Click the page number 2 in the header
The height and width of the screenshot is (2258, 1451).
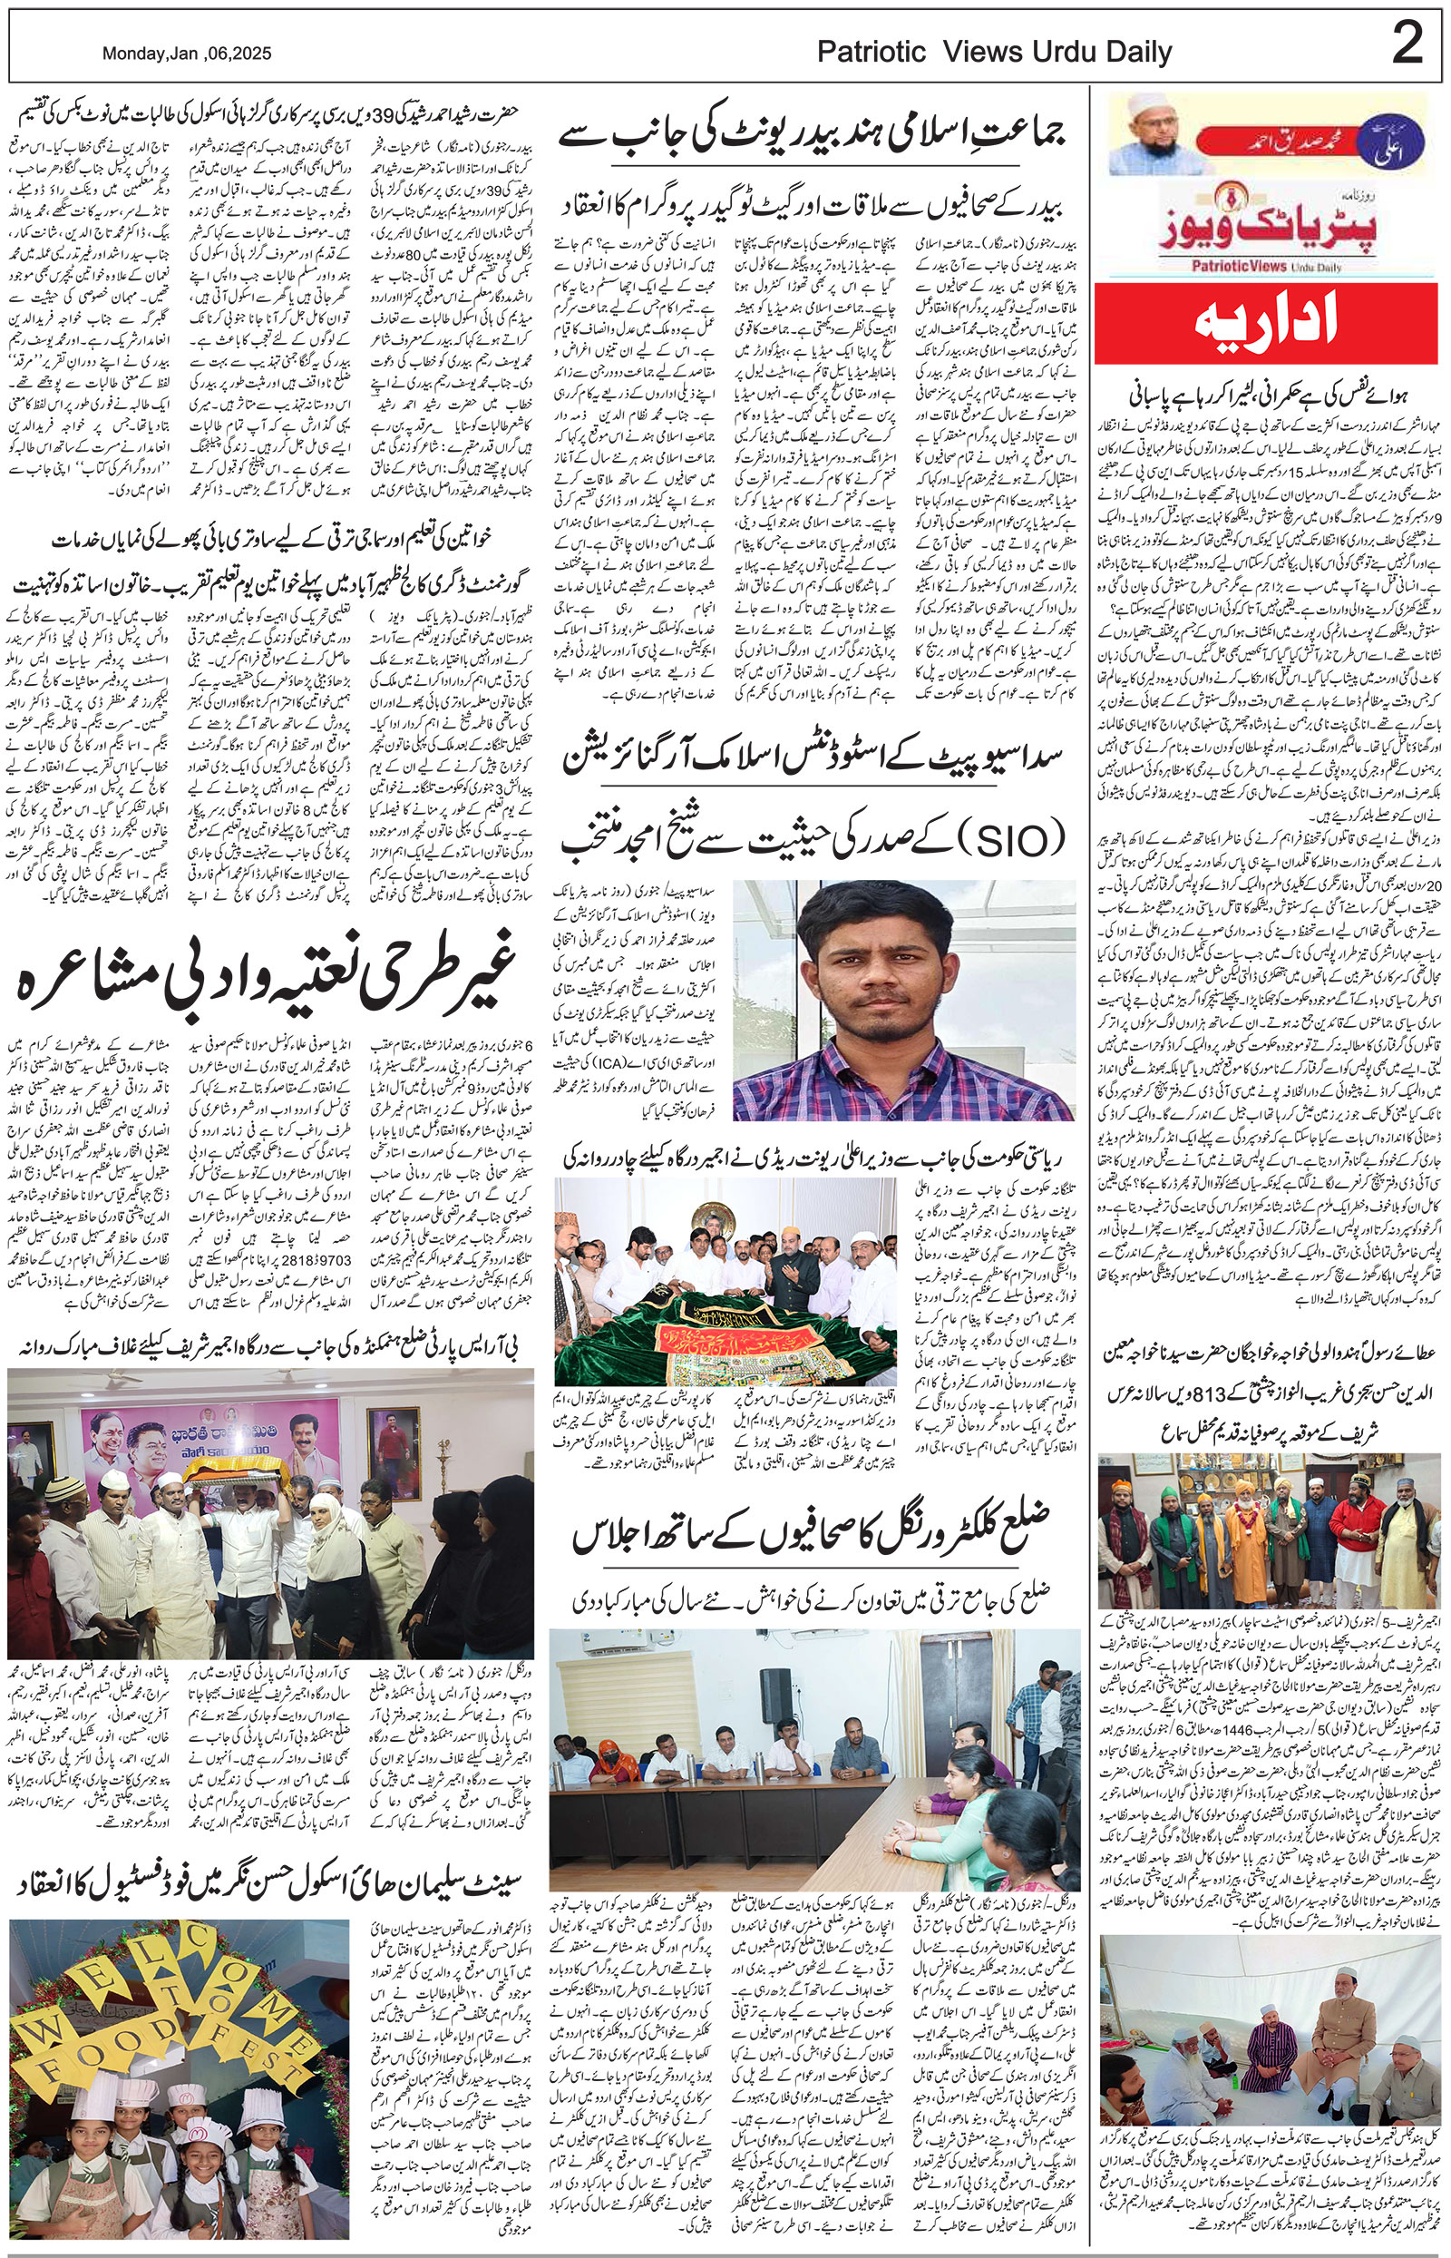coord(1407,45)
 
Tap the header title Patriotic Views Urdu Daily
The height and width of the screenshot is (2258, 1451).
coord(994,53)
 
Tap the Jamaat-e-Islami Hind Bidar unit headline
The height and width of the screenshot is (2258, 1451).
coord(813,140)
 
